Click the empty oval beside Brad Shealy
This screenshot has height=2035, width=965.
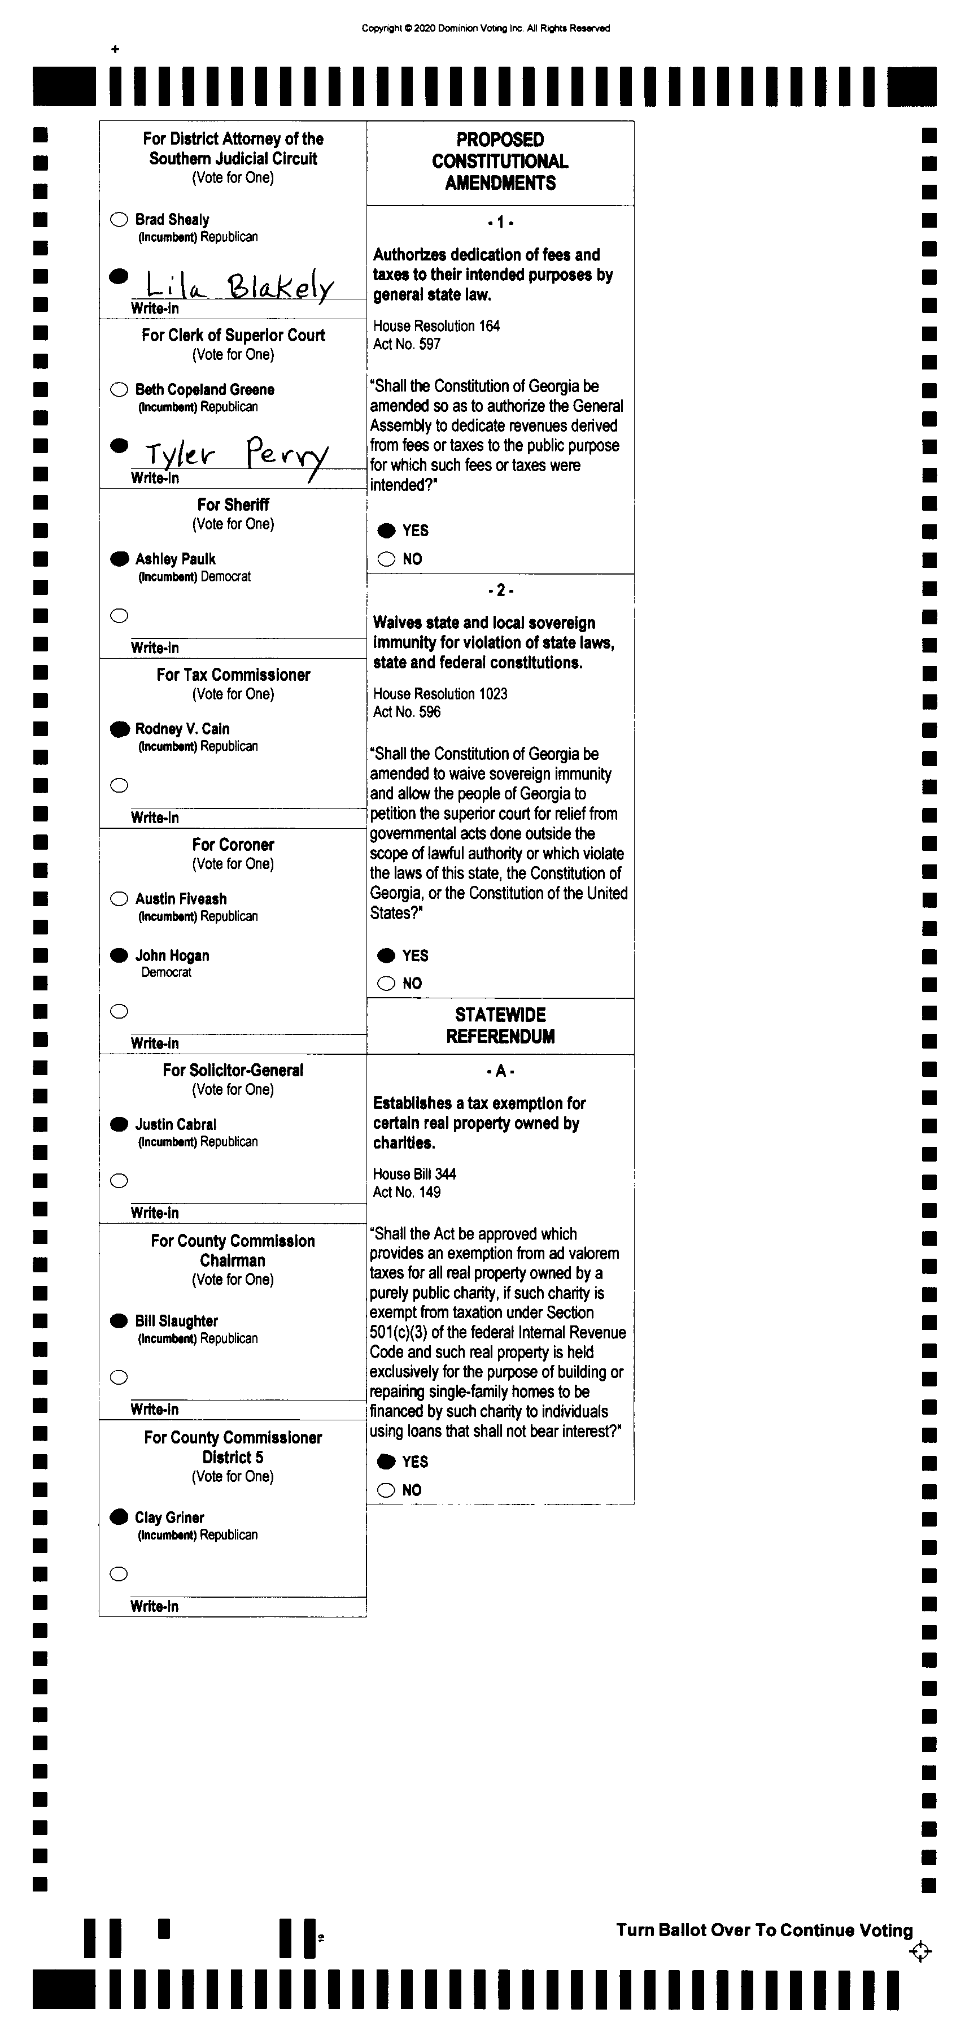pos(119,220)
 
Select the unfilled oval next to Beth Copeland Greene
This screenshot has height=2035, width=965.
pos(119,389)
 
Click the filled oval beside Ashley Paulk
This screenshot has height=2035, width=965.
pos(119,559)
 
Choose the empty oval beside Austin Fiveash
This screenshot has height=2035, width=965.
pos(119,899)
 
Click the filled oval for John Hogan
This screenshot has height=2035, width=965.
pos(119,956)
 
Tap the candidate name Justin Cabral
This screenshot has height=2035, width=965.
pos(175,1124)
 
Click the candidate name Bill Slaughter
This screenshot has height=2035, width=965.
pos(176,1321)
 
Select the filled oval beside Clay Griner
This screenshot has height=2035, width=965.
pos(119,1517)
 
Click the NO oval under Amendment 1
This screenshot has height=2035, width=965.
pos(386,559)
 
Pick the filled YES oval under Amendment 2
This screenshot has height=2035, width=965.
pos(386,956)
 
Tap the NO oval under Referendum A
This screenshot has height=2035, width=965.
pos(386,1490)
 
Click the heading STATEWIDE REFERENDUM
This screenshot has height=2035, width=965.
pos(500,1025)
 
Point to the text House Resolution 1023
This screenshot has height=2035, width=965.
pos(440,694)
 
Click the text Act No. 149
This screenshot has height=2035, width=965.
pos(407,1192)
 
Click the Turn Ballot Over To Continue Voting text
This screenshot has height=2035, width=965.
pos(763,1930)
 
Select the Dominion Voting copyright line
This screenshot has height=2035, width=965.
pos(486,28)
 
